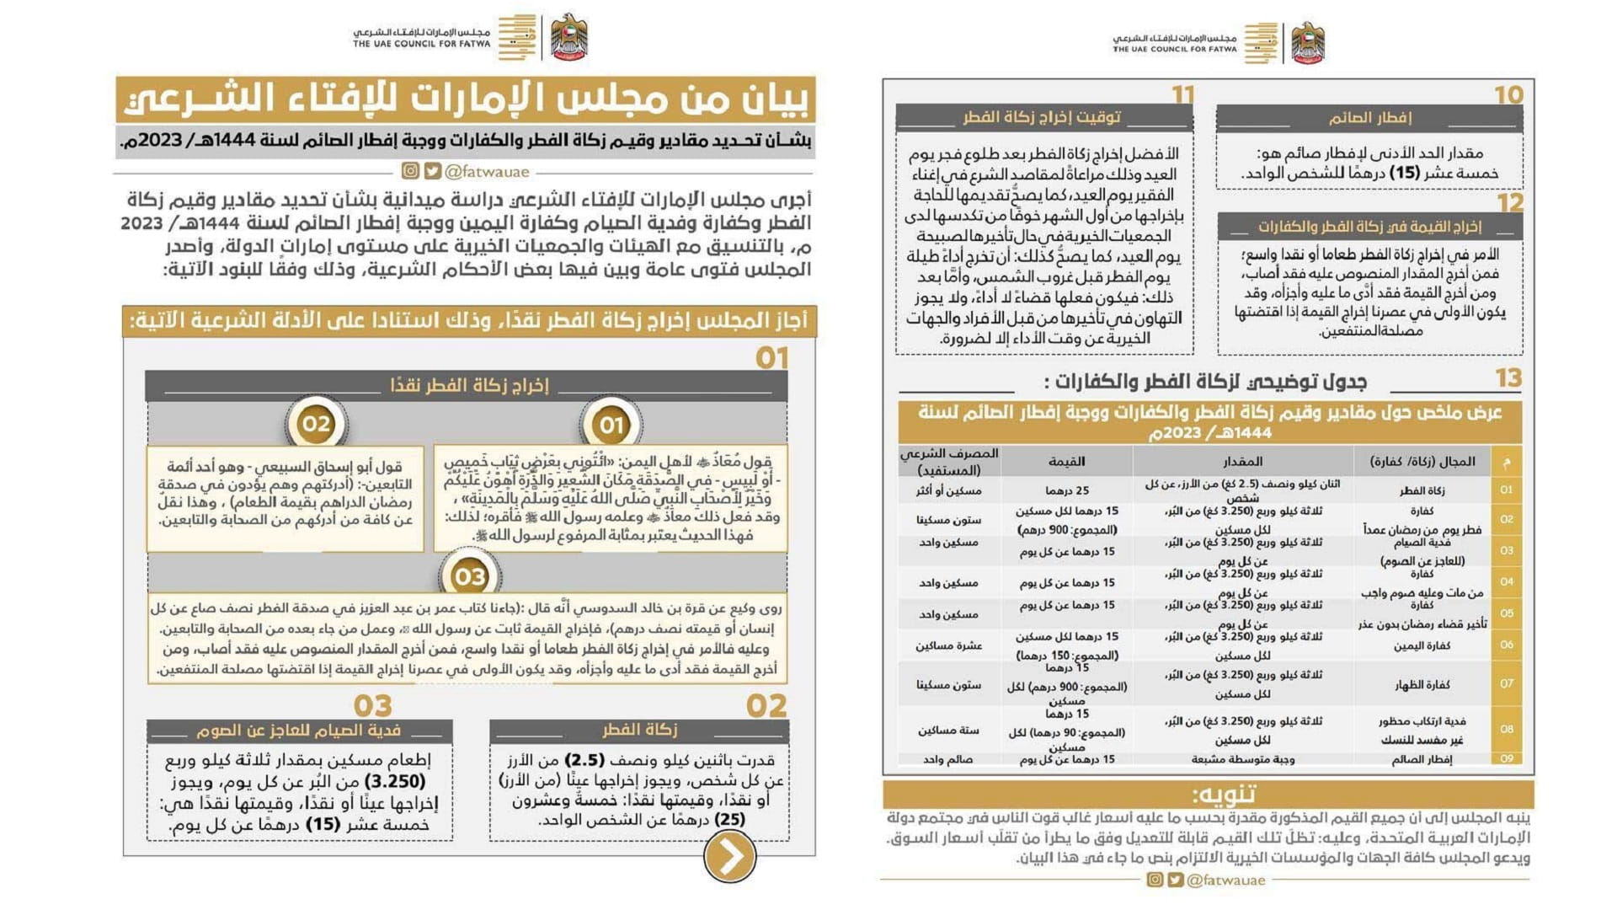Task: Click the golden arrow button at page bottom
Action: [729, 856]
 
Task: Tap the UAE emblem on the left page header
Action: [569, 38]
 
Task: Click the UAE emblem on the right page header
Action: [1308, 43]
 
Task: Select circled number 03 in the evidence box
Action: [469, 576]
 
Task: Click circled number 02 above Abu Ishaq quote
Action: [317, 424]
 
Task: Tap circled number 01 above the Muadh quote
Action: [611, 426]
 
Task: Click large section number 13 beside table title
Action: [1508, 378]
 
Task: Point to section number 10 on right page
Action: [1508, 95]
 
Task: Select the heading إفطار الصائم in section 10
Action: [1369, 118]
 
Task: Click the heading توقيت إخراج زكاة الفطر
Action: [1043, 117]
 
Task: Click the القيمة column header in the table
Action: [1066, 462]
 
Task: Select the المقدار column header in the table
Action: [1242, 462]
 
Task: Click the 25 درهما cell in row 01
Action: [1067, 490]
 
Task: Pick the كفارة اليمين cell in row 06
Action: [1422, 646]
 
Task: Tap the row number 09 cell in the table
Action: [1507, 758]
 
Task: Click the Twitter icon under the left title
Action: [432, 171]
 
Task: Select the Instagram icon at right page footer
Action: [1155, 880]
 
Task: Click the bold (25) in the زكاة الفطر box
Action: [729, 819]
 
